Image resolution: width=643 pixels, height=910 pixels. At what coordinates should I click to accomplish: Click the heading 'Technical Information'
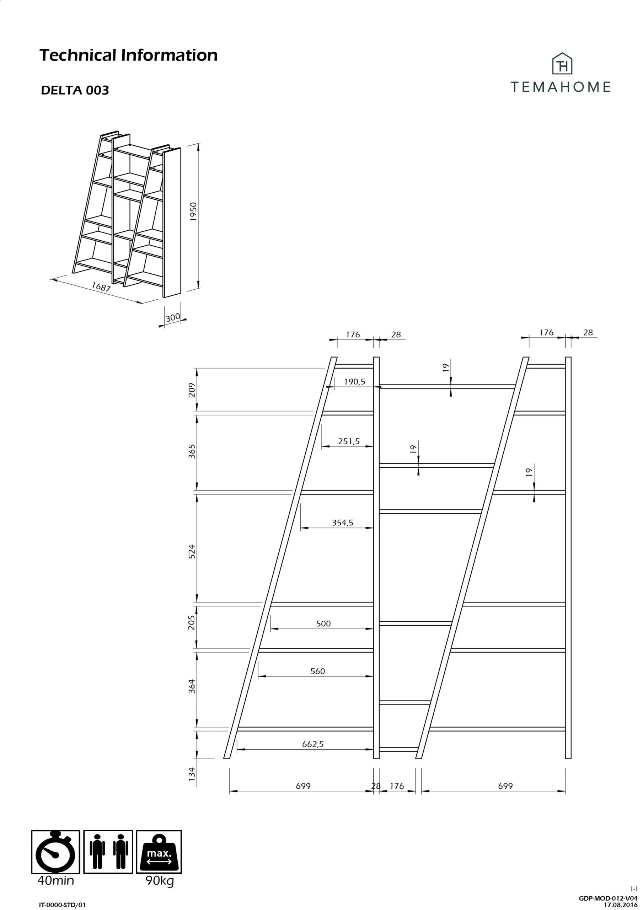click(128, 55)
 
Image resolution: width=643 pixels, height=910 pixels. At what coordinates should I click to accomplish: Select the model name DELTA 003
click(75, 90)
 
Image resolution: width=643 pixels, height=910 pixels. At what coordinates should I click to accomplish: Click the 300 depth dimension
click(172, 317)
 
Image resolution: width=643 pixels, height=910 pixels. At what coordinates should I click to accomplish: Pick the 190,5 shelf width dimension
click(354, 382)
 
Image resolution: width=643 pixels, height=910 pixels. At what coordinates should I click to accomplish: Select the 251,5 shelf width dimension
click(349, 441)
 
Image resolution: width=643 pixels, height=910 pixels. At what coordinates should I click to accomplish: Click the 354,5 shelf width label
click(343, 523)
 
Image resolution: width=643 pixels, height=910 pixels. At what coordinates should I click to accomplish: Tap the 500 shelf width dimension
click(323, 623)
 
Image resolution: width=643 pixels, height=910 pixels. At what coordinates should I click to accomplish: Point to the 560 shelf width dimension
click(317, 671)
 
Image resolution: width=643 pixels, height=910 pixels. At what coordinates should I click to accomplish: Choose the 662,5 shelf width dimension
click(313, 744)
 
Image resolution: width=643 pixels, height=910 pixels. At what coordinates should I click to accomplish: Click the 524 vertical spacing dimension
click(192, 551)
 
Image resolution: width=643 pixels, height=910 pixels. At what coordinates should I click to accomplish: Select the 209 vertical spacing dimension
click(192, 390)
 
